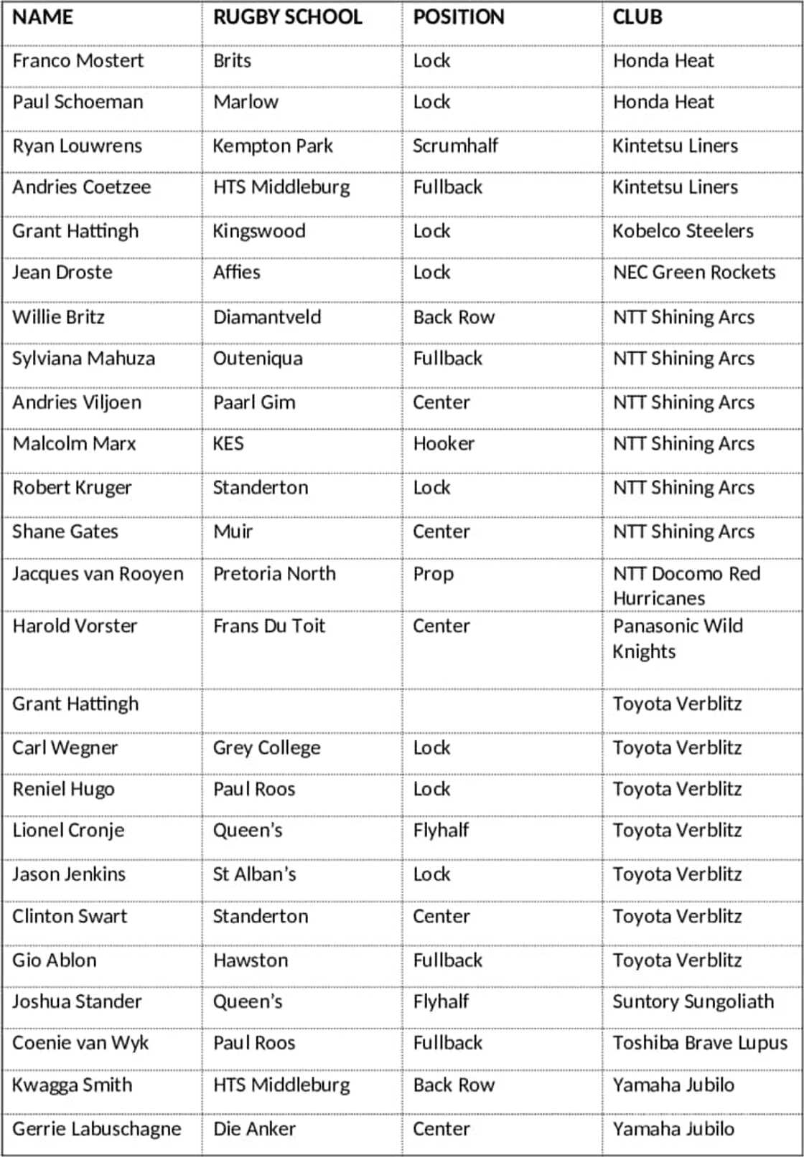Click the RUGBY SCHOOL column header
[287, 17]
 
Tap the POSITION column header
[459, 17]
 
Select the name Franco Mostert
[78, 61]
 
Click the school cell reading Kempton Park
[273, 146]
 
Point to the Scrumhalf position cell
[455, 146]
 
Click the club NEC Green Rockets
[694, 273]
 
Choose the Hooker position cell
[444, 444]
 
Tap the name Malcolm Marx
[75, 444]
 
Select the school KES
[228, 444]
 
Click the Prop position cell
[434, 574]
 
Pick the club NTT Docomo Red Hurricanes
[686, 586]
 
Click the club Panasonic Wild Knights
[678, 638]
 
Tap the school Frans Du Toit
[269, 626]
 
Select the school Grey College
[266, 748]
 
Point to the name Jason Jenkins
[69, 874]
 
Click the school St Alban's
[255, 874]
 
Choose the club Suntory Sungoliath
[693, 1002]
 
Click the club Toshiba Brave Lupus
[700, 1043]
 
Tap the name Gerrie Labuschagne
[97, 1129]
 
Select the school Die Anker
[254, 1129]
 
